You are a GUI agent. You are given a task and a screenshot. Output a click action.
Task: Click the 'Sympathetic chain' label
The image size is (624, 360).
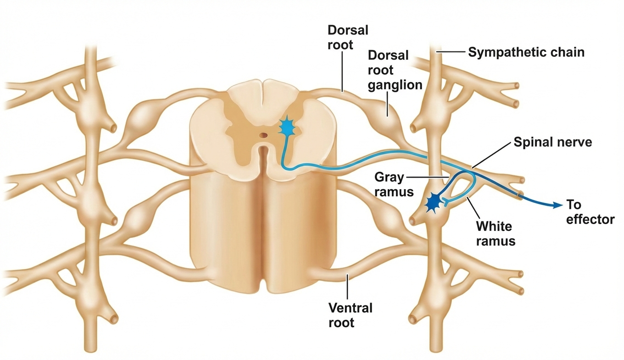tap(526, 52)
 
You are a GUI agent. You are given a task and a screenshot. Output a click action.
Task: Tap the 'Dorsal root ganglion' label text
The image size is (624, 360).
tap(395, 70)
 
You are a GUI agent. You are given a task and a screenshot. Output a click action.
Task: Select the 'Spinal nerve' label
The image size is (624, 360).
tap(552, 142)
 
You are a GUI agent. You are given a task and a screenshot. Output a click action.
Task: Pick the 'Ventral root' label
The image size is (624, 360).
tap(350, 315)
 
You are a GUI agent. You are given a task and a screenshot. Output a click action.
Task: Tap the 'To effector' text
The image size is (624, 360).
tap(590, 212)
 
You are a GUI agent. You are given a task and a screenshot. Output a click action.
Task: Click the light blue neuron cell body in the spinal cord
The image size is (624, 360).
tap(288, 129)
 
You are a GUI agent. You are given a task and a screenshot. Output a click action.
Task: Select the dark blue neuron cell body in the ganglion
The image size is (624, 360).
tap(433, 202)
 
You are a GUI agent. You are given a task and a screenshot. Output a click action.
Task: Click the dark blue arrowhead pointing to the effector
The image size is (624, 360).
tap(556, 205)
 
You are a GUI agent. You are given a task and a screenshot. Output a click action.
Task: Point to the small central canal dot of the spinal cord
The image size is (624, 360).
tap(263, 135)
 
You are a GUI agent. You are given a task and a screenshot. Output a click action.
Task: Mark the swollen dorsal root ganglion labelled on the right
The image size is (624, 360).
tap(388, 117)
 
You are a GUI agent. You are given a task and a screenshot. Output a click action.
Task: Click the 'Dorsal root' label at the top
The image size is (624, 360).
tap(347, 38)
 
